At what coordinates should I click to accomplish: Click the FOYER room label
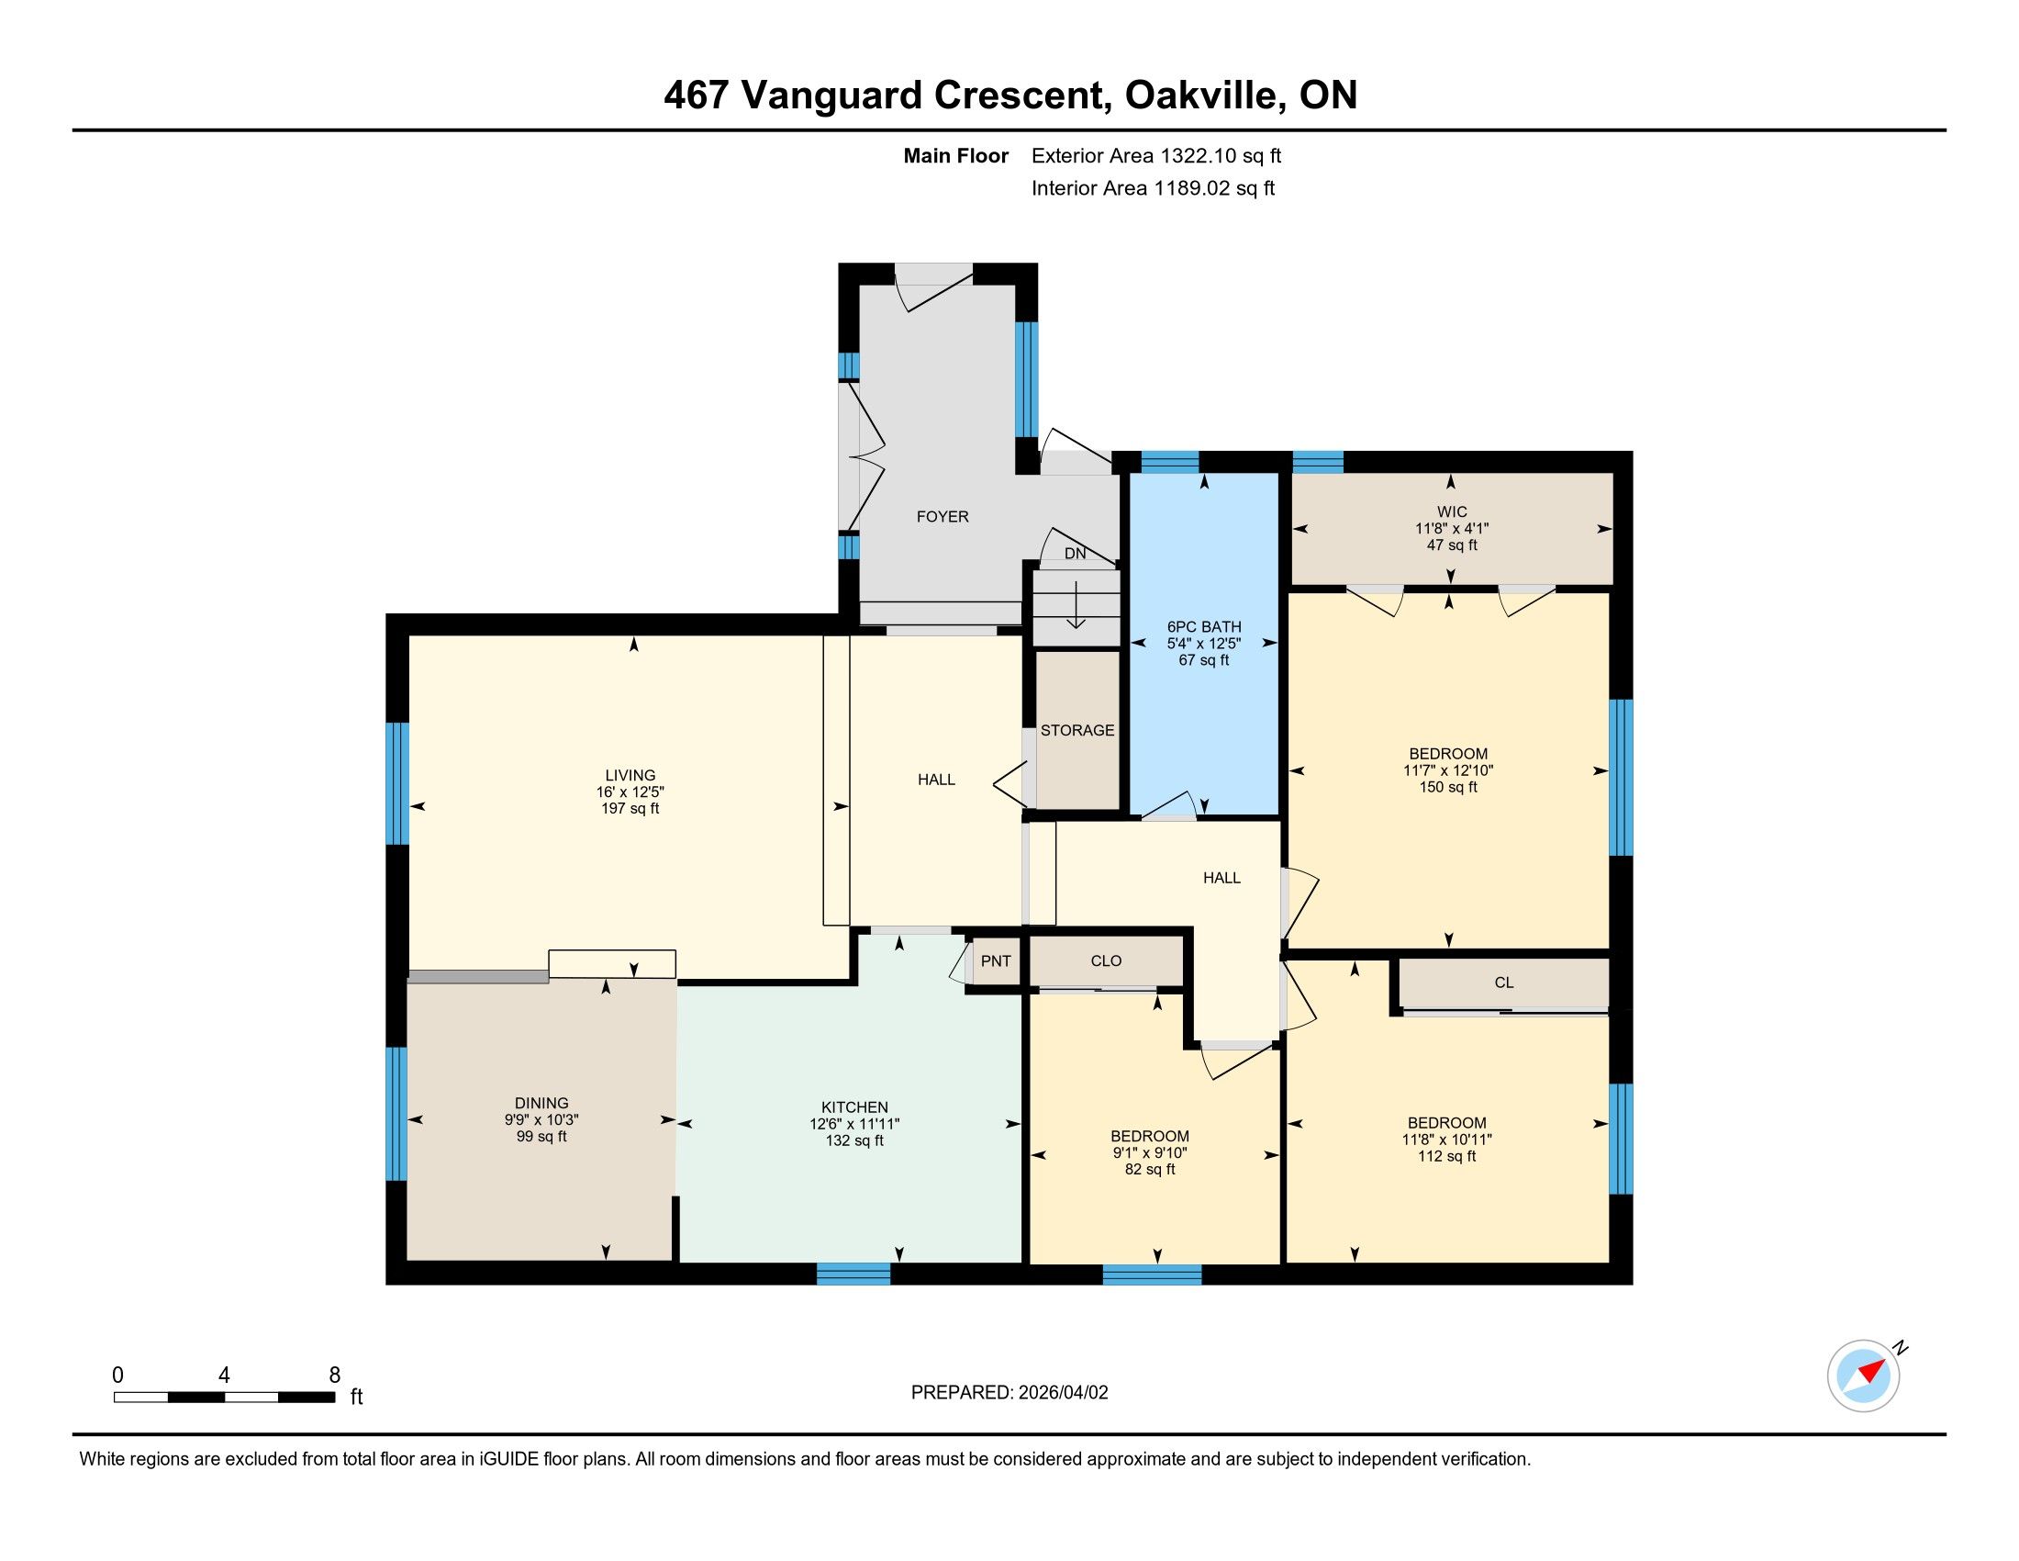point(942,517)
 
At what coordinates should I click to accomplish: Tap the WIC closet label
point(1452,511)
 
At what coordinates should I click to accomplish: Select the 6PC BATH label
point(1204,627)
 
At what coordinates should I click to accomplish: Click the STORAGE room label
point(1077,731)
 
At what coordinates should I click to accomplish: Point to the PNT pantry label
point(996,960)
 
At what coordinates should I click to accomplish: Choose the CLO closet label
point(1106,960)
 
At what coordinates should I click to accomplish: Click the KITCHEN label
point(854,1107)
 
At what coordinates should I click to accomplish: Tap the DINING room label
point(541,1102)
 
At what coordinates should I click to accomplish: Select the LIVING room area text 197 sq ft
point(630,808)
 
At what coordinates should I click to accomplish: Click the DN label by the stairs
point(1076,554)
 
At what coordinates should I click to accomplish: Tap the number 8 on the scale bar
point(335,1376)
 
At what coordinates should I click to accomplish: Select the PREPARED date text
point(1009,1393)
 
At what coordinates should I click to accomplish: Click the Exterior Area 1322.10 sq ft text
point(1156,156)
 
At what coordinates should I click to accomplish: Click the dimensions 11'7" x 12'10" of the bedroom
point(1447,770)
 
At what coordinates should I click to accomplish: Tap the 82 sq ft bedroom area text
point(1150,1169)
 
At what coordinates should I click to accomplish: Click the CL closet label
point(1504,983)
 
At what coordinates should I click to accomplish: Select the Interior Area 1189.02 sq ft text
point(1153,188)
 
